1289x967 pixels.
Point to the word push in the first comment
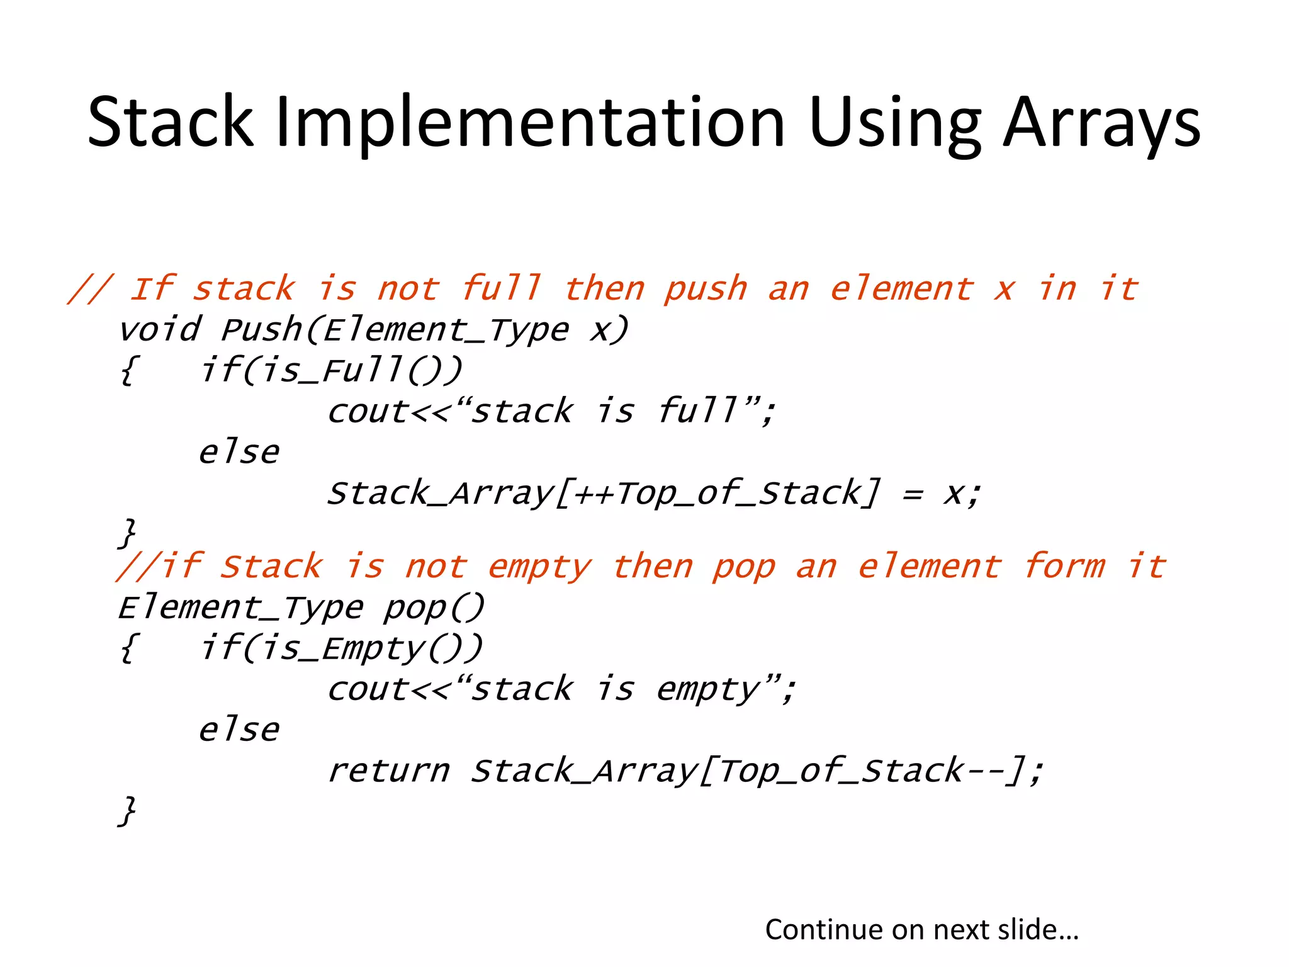[706, 290]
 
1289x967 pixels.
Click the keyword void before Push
[160, 330]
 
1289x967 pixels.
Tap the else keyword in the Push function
[239, 452]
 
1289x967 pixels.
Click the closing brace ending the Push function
[127, 533]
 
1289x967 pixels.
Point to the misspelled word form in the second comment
[1064, 566]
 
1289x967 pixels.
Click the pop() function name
[434, 608]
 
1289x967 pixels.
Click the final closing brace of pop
[127, 810]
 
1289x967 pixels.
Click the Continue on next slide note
[921, 929]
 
